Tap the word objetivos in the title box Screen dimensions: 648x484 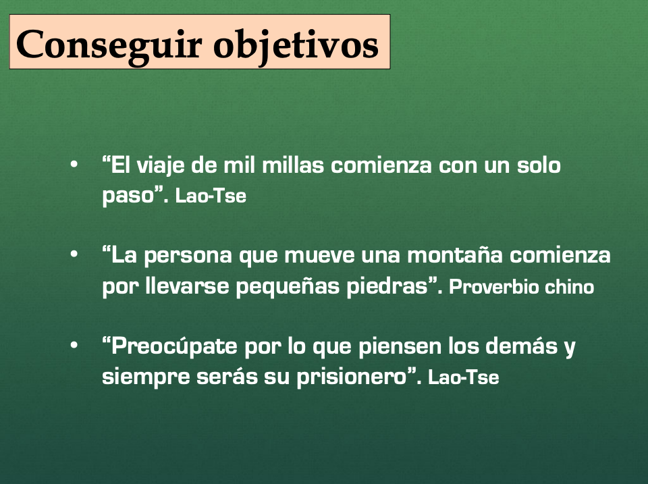click(296, 46)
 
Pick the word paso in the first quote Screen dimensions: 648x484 click(128, 196)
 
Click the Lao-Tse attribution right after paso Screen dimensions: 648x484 click(211, 196)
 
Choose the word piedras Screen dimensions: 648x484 click(387, 286)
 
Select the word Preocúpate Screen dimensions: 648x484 click(174, 346)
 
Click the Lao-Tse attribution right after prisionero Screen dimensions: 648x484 click(463, 377)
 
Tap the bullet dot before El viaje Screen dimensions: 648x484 click(74, 165)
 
